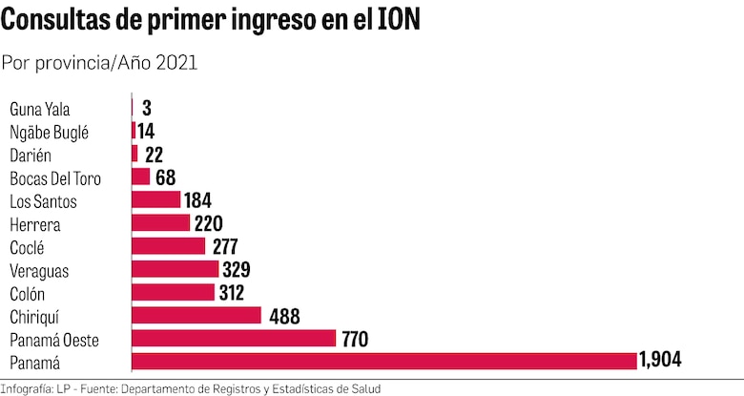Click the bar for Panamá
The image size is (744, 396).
pos(383,361)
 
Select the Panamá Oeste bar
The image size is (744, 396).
pos(234,338)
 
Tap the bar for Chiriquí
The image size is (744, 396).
pos(196,315)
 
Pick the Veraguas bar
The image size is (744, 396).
pos(175,269)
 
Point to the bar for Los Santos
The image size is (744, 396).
pos(155,199)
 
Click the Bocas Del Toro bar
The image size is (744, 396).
pos(140,177)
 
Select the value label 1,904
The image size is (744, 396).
pos(660,361)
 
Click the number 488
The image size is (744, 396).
pos(283,315)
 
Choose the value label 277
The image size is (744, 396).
pos(224,246)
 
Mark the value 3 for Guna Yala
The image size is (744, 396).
pos(146,108)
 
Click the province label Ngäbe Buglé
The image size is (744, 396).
pos(49,132)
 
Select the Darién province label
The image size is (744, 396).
pos(30,155)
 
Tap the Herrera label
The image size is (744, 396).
pos(34,223)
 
